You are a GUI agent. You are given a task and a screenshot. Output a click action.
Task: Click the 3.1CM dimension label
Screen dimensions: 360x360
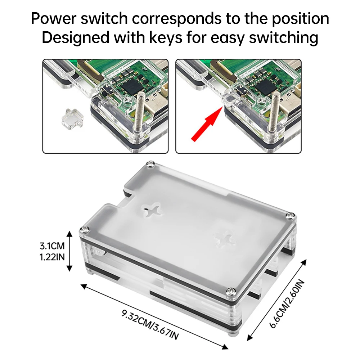click(x=52, y=247)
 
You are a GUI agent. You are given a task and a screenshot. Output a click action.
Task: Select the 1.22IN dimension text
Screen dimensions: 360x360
click(x=52, y=258)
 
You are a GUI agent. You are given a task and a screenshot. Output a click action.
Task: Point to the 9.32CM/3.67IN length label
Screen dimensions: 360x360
click(x=150, y=324)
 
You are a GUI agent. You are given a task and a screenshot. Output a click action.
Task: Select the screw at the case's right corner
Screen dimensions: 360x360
click(x=290, y=216)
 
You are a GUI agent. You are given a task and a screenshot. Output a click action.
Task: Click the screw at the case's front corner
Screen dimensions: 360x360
click(x=230, y=290)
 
